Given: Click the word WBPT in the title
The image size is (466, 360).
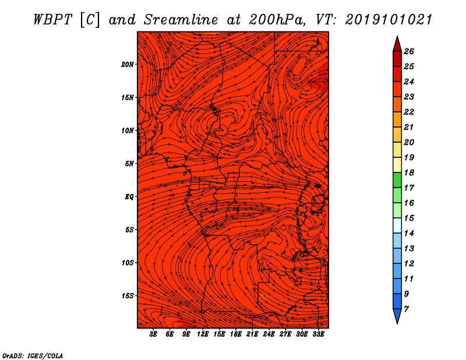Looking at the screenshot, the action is (52, 20).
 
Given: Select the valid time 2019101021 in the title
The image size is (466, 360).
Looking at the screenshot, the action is (389, 20).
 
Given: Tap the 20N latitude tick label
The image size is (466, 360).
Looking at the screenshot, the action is (128, 64).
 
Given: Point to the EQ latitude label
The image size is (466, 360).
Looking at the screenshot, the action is (129, 197).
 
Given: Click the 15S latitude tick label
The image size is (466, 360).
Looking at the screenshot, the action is (128, 296).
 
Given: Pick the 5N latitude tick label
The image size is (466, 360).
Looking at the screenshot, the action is (129, 164).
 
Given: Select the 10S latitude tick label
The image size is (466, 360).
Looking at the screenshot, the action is (128, 263).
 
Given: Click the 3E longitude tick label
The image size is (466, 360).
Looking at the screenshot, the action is (153, 334).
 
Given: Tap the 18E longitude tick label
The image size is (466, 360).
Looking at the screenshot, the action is (236, 334).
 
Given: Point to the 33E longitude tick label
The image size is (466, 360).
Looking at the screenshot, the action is (318, 334).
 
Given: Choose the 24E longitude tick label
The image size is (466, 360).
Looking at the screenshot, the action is (269, 334).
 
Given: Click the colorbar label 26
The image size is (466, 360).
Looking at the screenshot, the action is (409, 51).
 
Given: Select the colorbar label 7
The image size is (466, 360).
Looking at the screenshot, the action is (406, 309).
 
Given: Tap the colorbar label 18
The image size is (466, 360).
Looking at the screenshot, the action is (409, 172).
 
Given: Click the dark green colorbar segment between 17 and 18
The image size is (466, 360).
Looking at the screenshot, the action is (397, 180).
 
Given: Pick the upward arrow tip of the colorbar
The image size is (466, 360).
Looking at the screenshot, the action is (397, 36).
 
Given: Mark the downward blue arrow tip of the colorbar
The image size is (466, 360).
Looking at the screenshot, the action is (397, 323).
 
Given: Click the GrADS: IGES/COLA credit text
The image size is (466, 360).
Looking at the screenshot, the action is (33, 356).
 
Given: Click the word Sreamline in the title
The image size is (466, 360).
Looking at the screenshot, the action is (181, 20).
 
